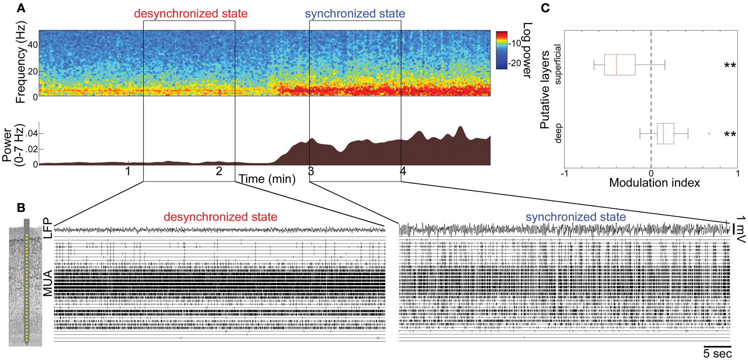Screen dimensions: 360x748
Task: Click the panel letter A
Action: click(x=21, y=8)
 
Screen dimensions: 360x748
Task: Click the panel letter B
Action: click(x=21, y=208)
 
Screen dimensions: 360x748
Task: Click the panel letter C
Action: click(x=545, y=8)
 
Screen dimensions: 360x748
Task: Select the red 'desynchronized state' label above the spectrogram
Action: click(x=191, y=14)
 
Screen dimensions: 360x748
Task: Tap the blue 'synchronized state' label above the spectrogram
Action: click(x=355, y=14)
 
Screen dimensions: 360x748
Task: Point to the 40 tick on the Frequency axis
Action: click(x=33, y=45)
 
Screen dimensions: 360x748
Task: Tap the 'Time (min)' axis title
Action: click(x=267, y=179)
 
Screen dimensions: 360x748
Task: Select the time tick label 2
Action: click(x=219, y=171)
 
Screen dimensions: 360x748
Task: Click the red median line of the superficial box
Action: click(x=617, y=65)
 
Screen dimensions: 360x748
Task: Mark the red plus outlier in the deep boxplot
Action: click(x=709, y=134)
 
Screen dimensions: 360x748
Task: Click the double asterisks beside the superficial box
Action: click(x=730, y=66)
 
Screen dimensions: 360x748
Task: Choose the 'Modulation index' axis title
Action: click(x=654, y=183)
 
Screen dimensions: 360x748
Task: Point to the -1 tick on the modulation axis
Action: click(x=565, y=173)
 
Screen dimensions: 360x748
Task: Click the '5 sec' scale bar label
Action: click(x=717, y=354)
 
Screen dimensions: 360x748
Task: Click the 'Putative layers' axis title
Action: click(x=545, y=90)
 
